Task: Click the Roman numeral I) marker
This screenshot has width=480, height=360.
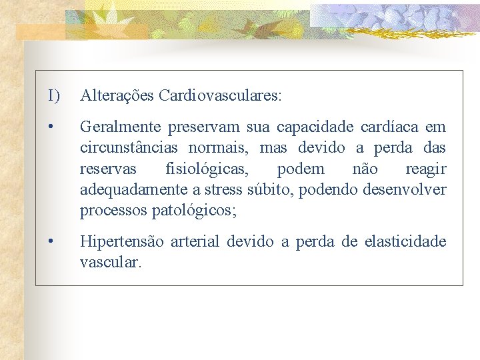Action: coord(54,96)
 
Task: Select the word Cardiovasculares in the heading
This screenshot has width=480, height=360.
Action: coord(219,96)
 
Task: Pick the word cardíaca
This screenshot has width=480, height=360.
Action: coord(385,127)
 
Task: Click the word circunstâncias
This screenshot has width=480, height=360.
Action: coord(129,148)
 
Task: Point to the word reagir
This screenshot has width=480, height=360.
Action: coord(426,169)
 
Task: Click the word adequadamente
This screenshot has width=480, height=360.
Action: coord(134,191)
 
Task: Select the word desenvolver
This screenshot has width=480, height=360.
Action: coord(405,191)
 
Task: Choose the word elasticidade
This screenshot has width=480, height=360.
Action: coord(405,241)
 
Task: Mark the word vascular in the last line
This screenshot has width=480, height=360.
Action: coord(110,263)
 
